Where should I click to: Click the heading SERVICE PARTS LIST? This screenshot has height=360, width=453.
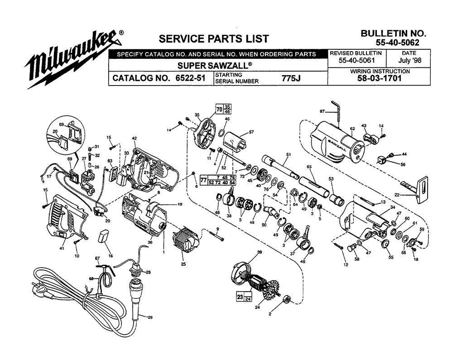[214, 38]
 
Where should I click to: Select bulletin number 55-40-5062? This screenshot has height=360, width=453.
[397, 43]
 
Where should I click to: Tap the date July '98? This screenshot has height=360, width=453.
[410, 60]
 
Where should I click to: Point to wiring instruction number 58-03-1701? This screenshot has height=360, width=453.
[379, 78]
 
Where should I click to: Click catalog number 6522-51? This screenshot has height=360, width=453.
[190, 78]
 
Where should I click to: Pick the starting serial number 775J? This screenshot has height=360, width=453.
[291, 78]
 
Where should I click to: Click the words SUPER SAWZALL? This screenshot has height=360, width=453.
[214, 66]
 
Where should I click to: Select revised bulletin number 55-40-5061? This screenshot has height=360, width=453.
[357, 60]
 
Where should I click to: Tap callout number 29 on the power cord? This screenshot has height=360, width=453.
[150, 317]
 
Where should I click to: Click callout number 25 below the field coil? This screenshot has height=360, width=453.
[183, 264]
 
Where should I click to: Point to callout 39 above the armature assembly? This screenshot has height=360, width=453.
[260, 252]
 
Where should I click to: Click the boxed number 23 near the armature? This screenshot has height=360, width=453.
[240, 297]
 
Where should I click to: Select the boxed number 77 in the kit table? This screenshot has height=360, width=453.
[203, 180]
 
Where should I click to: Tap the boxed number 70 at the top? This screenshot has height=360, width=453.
[220, 110]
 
